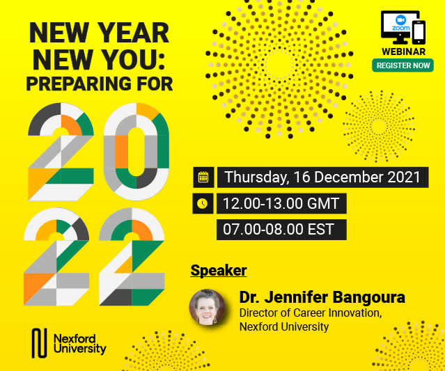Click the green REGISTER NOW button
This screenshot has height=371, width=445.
[403, 65]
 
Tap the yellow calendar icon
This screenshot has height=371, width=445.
[203, 177]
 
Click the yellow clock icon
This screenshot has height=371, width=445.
[203, 203]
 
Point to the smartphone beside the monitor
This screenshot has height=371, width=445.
[419, 32]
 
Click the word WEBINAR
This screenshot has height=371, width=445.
[404, 52]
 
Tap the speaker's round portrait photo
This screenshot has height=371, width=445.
[207, 307]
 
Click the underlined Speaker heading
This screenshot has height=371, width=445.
[219, 270]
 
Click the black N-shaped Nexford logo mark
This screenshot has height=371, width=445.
[39, 343]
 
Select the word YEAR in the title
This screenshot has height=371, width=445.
[134, 33]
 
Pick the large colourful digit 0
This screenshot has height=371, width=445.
[136, 152]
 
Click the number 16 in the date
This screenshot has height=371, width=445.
[302, 177]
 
